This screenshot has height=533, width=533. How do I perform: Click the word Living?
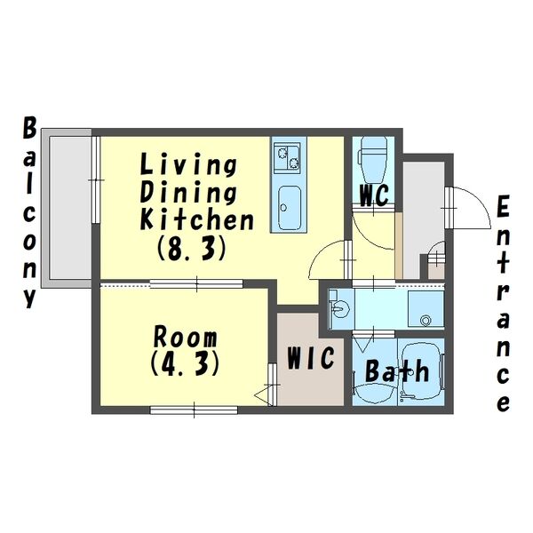point(188,165)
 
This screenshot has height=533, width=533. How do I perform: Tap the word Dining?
point(188,193)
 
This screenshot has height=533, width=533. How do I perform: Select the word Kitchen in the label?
point(197,219)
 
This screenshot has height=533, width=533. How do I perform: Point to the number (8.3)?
point(191,248)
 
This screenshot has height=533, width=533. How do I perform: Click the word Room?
point(185,337)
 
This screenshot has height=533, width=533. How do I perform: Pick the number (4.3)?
point(184,363)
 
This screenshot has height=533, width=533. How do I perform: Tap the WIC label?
point(311,358)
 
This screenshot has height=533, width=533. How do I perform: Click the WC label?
point(374,195)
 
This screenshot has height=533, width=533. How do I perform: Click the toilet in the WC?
point(373,161)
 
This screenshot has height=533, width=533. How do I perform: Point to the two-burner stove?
point(288,156)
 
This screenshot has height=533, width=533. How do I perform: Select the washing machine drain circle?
point(426,320)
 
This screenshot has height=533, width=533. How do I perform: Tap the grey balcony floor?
point(70,208)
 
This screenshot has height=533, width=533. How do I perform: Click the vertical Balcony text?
point(29,212)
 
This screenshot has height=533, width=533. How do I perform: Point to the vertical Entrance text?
point(503,304)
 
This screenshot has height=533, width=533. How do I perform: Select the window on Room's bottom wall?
point(194,410)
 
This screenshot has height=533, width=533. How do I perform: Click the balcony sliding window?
point(96,179)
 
